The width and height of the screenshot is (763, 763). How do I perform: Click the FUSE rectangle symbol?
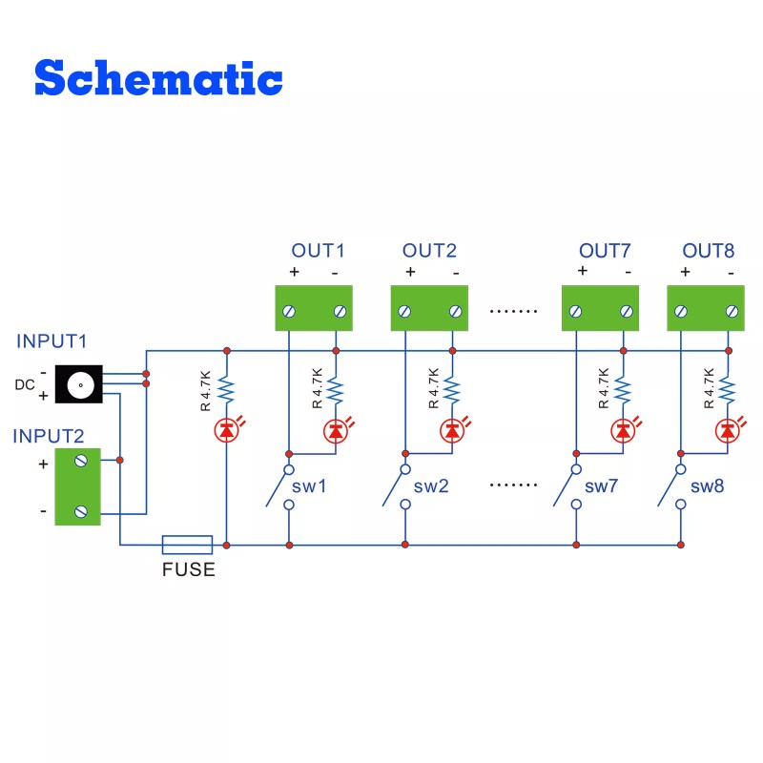pos(187,545)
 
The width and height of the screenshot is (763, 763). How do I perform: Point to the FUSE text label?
pos(187,570)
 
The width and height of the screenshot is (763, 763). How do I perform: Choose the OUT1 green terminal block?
pos(315,309)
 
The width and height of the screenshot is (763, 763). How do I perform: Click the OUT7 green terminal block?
pos(601,309)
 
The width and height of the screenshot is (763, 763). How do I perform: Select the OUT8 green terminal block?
pos(706,309)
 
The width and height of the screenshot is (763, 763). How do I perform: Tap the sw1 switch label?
pos(309,486)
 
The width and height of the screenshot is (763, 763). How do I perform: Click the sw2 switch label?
pos(431,486)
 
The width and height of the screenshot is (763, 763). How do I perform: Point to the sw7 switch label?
pos(602,486)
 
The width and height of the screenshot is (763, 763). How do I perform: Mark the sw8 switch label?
pos(707,486)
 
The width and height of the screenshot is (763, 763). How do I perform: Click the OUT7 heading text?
pos(605,252)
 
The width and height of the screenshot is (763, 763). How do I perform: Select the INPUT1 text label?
pos(52,341)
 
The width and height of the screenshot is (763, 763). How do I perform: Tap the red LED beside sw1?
pos(335,431)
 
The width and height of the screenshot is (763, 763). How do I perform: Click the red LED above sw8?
pos(728,431)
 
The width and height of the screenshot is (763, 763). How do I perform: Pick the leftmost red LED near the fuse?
pos(226,431)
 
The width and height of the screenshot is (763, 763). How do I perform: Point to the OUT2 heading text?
pos(429,252)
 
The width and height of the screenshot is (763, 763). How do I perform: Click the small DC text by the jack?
pos(25,385)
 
